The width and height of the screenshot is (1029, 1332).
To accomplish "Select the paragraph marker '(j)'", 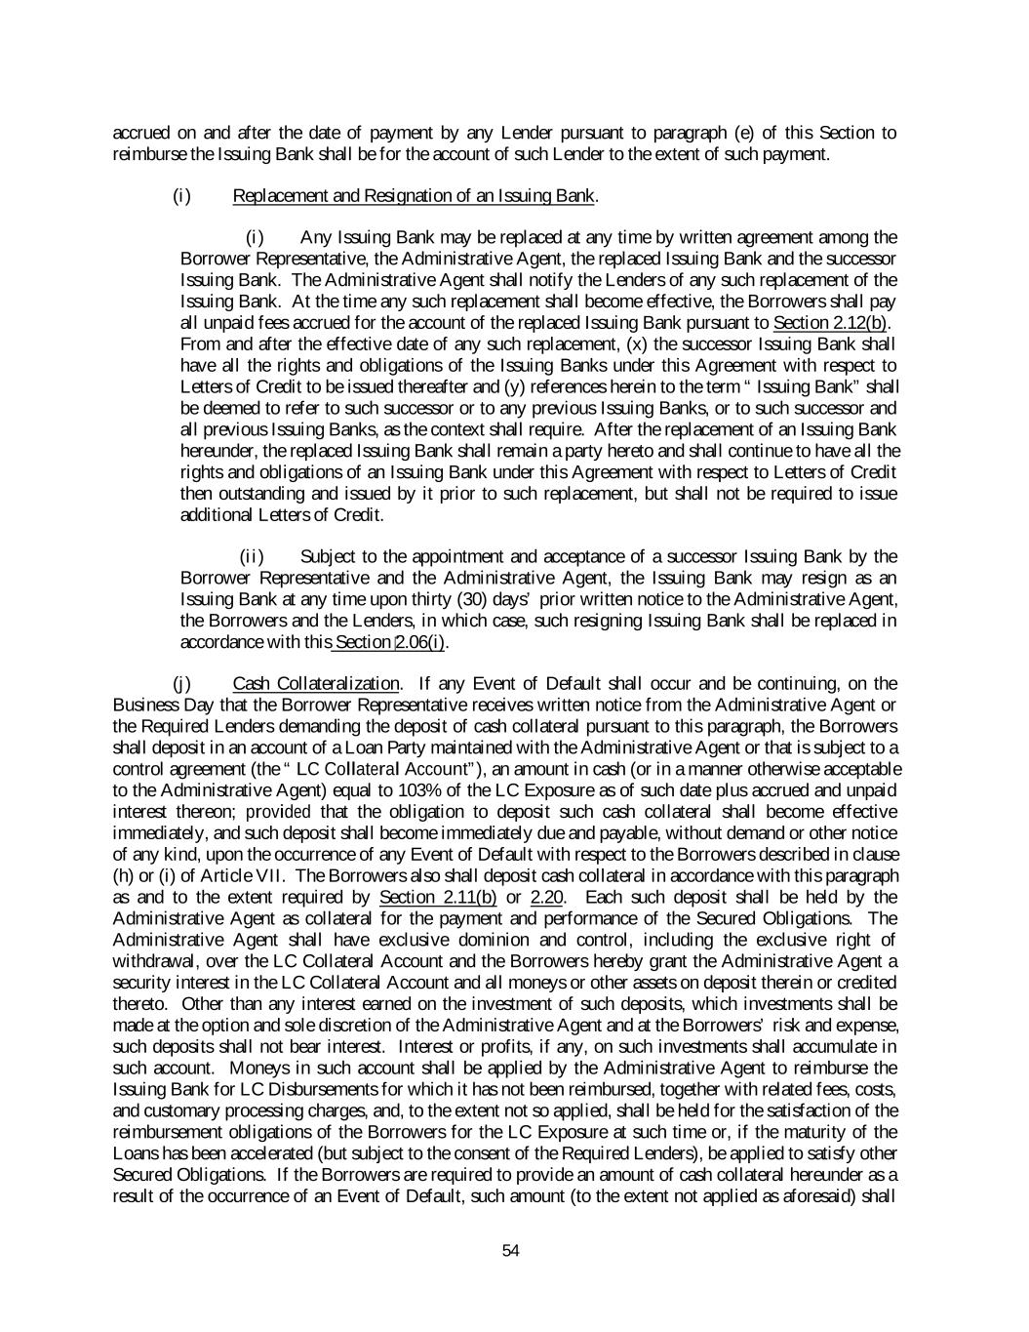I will click(x=180, y=683).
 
